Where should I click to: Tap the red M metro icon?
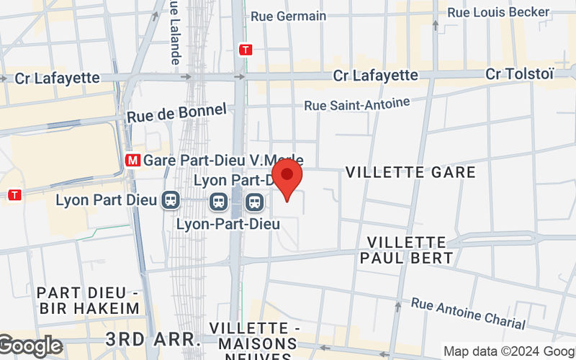tap(132, 160)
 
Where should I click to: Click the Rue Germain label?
tap(288, 16)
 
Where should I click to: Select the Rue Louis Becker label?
tap(499, 12)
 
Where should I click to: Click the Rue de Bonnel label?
tap(176, 112)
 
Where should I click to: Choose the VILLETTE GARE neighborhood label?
tap(410, 172)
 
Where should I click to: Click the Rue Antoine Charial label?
tap(468, 314)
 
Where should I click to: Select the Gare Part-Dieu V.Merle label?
tap(223, 160)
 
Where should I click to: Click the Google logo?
tap(30, 346)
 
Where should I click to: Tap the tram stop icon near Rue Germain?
tap(247, 50)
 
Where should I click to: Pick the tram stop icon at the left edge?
tap(14, 195)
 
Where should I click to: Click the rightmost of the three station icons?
tap(253, 202)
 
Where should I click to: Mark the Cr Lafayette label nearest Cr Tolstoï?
tap(375, 75)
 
